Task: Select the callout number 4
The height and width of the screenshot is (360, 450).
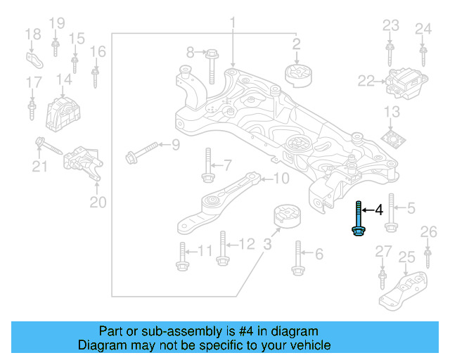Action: [x=378, y=210]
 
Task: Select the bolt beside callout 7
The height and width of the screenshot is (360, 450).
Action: [x=207, y=165]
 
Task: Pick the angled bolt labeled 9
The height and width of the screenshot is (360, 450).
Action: [x=141, y=152]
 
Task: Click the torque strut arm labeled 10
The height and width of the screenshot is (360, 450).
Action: [x=211, y=205]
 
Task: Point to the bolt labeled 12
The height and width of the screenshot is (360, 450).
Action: [x=221, y=247]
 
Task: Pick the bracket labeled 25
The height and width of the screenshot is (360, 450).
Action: [x=404, y=290]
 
